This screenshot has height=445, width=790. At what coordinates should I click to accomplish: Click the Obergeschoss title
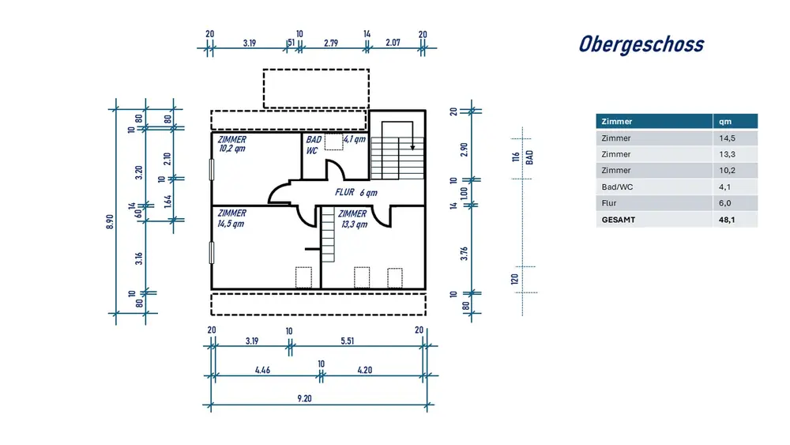coord(641,44)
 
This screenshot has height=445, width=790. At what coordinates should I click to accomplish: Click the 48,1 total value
coord(727,220)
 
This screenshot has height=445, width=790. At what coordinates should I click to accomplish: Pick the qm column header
coord(724,122)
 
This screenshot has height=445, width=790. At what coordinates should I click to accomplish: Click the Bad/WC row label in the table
coord(617,187)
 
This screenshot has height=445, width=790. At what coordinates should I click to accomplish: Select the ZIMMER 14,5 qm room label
coord(232,218)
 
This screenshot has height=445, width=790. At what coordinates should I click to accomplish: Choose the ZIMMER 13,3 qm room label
coord(352,218)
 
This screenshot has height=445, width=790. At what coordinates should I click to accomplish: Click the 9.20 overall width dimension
coord(305,398)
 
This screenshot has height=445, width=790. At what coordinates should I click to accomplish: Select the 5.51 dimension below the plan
coord(348,341)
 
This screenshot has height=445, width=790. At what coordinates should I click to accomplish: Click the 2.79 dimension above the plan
coord(333,43)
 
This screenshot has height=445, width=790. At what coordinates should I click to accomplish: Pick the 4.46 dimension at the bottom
coord(263,370)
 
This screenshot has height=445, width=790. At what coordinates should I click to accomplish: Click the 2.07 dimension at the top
coord(394,43)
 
